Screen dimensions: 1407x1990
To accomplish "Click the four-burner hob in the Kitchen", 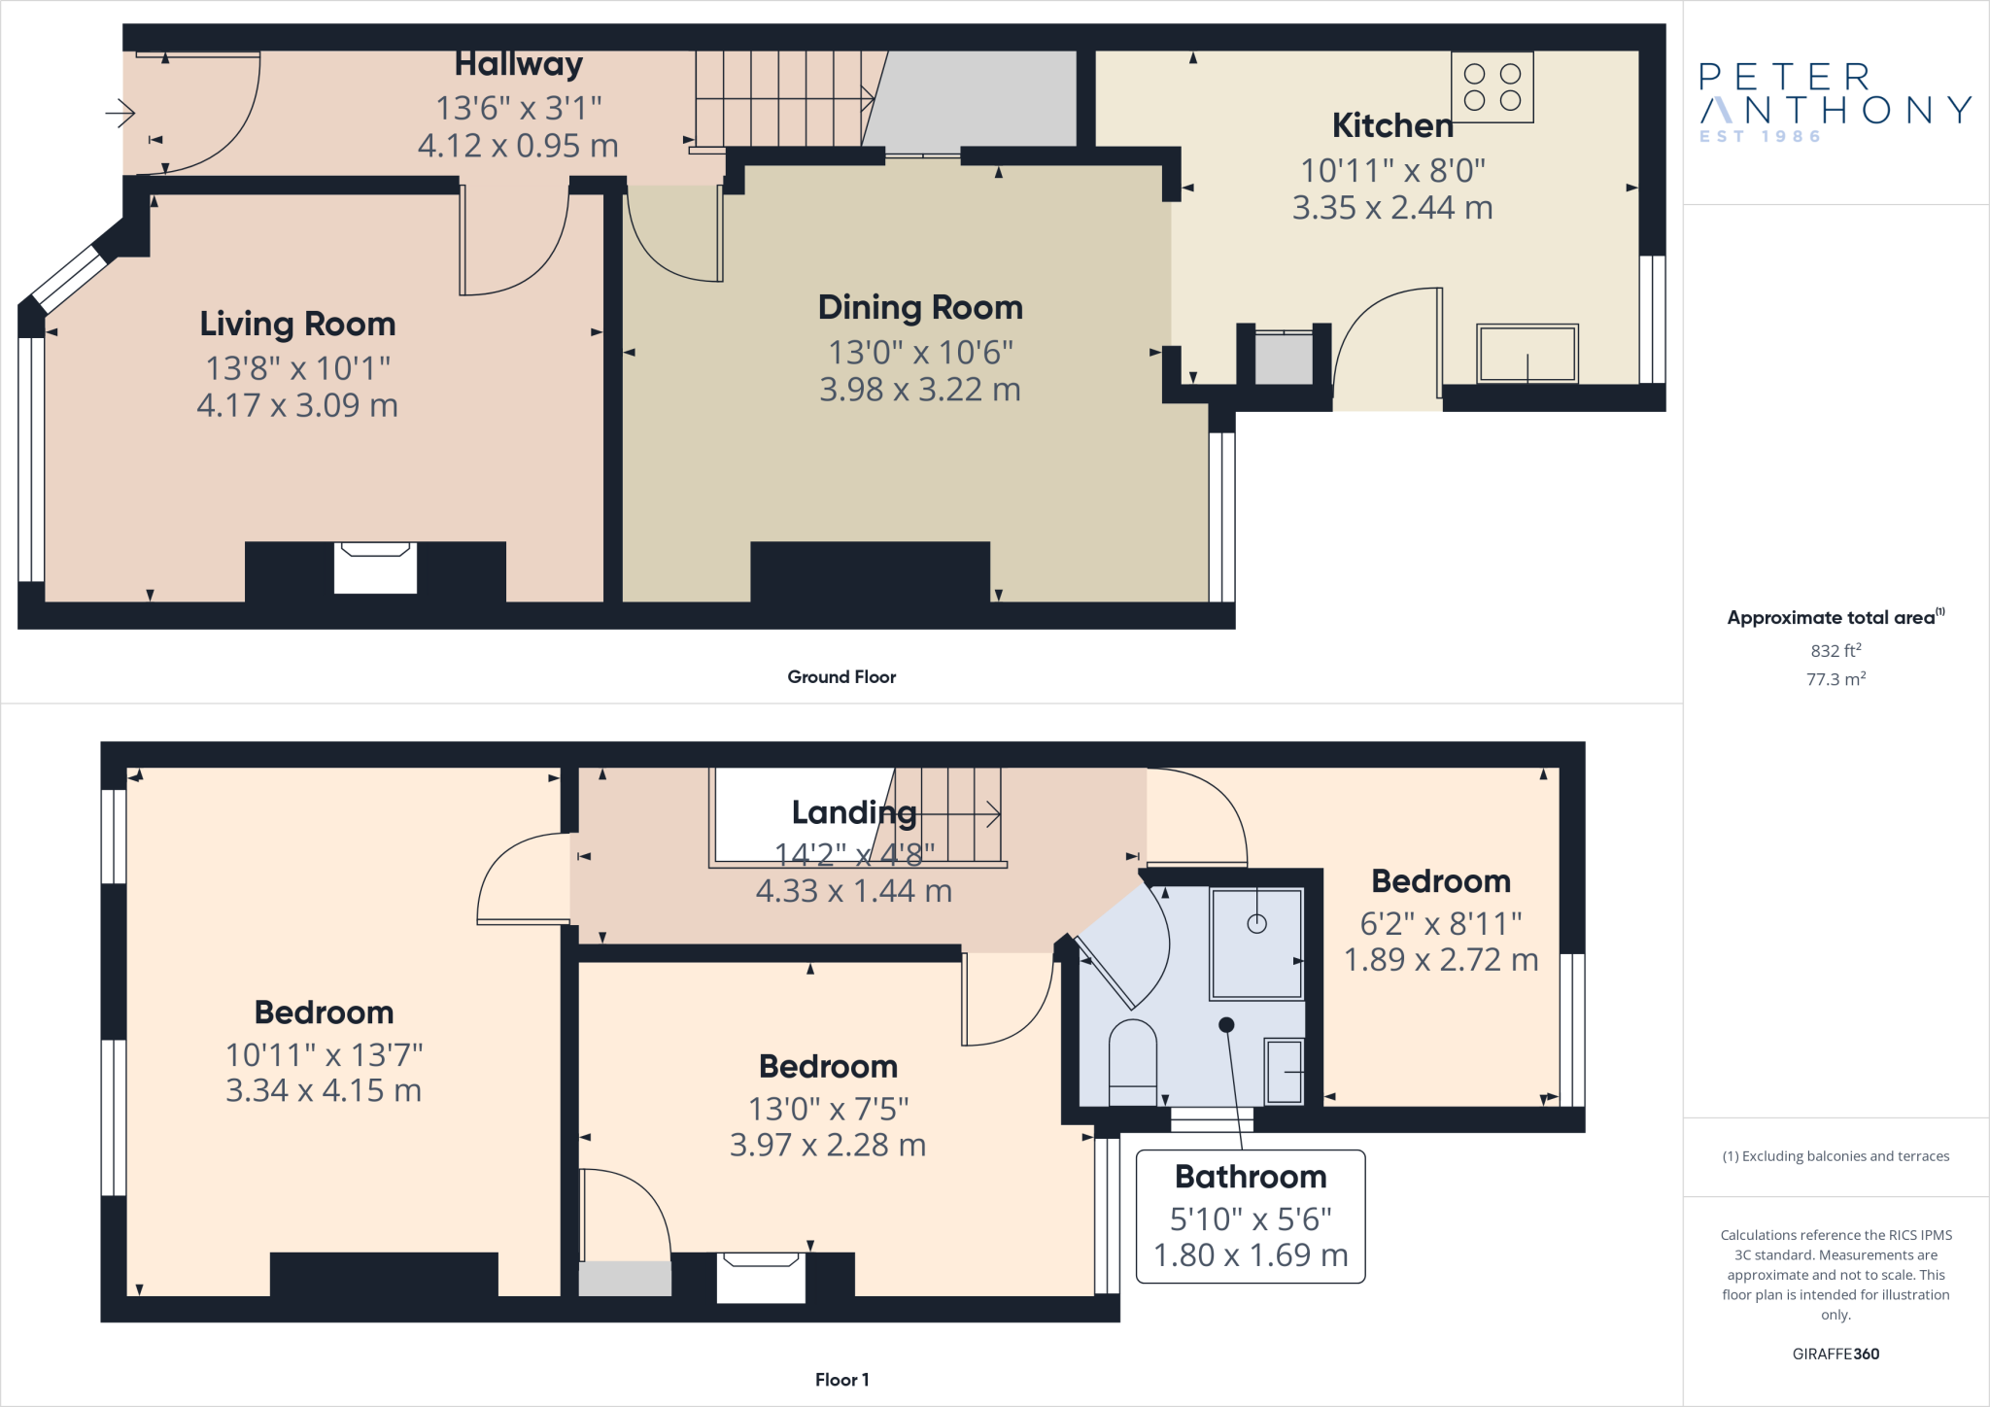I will (1492, 87).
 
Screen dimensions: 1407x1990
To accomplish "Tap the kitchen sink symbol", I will (1527, 354).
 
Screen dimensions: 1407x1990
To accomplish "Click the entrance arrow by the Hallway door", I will (120, 114).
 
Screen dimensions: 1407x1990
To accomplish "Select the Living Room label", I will (297, 324).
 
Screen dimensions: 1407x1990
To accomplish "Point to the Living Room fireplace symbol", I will (375, 566).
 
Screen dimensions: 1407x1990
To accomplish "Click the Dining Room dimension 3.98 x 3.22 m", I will (919, 390).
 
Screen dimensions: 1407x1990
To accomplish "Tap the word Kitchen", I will (1391, 125).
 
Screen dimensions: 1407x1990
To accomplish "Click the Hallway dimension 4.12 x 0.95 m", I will (518, 146).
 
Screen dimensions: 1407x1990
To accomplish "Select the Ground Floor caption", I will (841, 677).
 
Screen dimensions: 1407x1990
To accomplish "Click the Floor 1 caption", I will (841, 1380).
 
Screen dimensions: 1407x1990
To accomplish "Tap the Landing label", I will (853, 812).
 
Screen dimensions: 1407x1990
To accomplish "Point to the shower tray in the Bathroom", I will (1256, 944).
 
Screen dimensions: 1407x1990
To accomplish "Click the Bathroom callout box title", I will (1251, 1177).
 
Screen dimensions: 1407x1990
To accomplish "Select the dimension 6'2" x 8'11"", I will (1440, 923).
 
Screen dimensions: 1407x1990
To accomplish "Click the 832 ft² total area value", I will (1836, 650).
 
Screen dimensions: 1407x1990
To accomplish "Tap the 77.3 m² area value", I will (1836, 679).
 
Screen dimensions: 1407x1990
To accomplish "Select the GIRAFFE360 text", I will (1836, 1354).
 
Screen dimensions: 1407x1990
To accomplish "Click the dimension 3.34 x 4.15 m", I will (324, 1090).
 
